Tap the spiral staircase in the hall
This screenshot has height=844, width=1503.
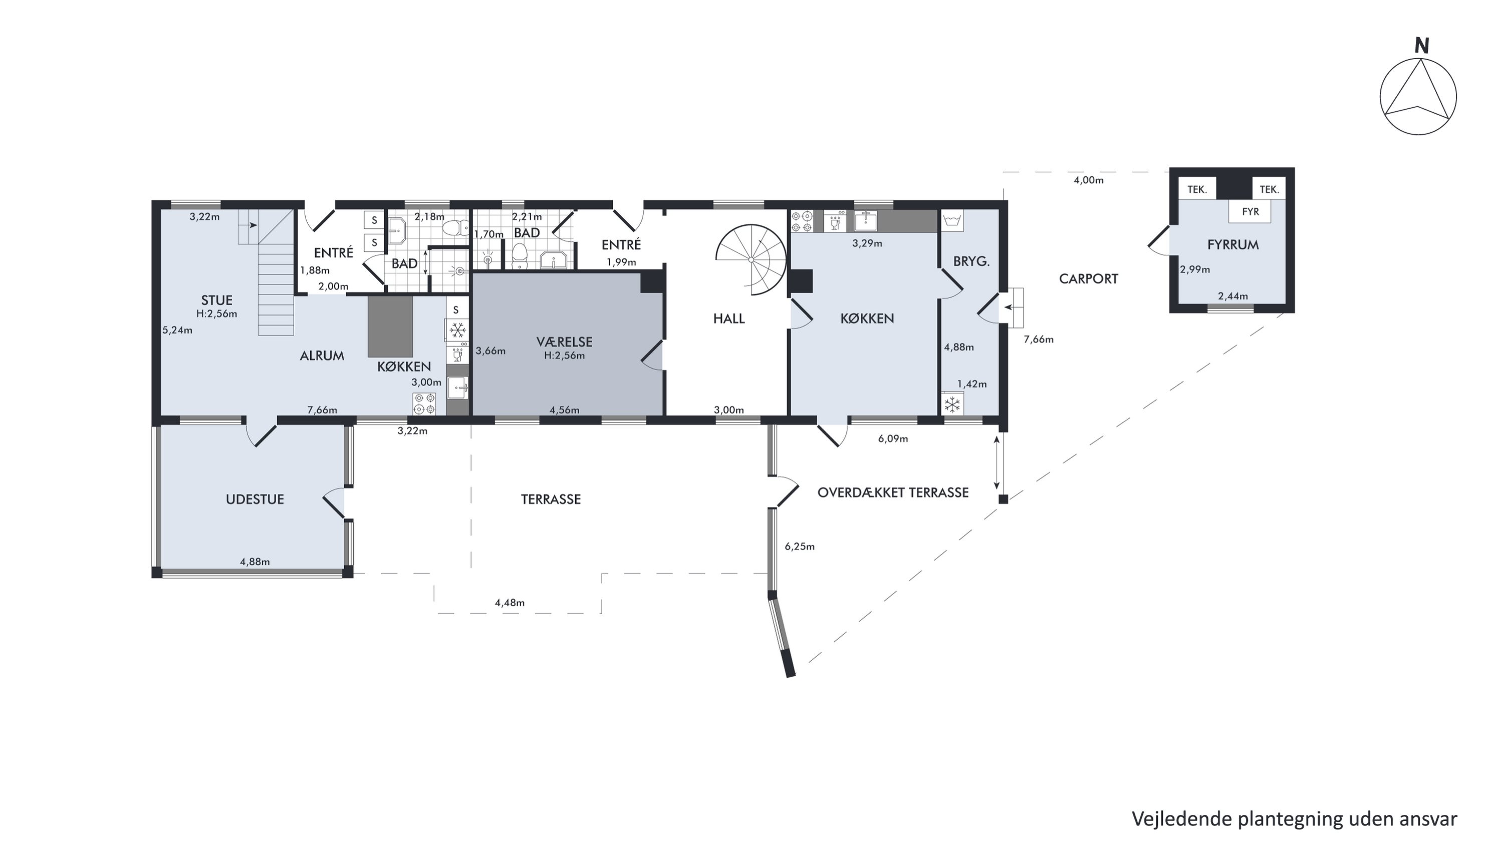(x=751, y=259)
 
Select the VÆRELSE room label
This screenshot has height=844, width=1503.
(x=564, y=342)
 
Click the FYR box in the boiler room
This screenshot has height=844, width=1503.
(x=1250, y=211)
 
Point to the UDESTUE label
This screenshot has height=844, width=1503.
(x=255, y=499)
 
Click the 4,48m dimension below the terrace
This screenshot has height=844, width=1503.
(x=510, y=603)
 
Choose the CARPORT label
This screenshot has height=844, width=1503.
(x=1088, y=279)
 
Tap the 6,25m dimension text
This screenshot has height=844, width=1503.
(x=799, y=546)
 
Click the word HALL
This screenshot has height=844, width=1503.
(x=729, y=319)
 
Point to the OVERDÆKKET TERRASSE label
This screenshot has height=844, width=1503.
(x=893, y=493)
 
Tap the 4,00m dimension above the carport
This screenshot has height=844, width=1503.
(x=1089, y=180)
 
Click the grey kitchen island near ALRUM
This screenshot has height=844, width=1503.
(x=390, y=326)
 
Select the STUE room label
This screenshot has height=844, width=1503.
(x=216, y=301)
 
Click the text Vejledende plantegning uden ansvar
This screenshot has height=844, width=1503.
(x=1294, y=819)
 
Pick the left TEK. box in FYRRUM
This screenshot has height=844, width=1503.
(x=1197, y=189)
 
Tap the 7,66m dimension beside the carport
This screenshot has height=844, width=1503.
(x=1039, y=340)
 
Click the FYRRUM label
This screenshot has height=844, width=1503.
(x=1233, y=245)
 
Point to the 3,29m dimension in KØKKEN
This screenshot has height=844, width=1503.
(x=867, y=243)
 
